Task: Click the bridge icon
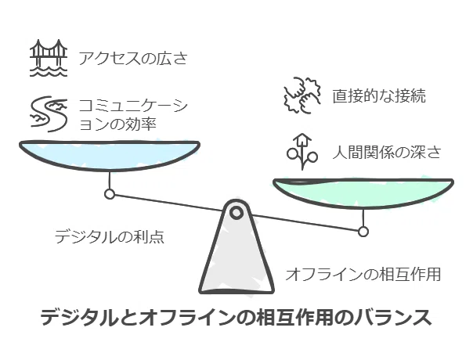pos(49,58)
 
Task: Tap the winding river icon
pos(49,114)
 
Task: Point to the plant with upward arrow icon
pos(302,151)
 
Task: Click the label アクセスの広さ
pos(133,58)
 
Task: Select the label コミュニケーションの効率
pos(133,114)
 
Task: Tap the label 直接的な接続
pos(379,96)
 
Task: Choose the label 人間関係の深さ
pos(387,152)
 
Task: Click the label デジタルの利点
pos(110,236)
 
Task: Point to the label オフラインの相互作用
pos(363,275)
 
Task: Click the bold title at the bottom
pos(236,318)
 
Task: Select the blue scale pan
pos(110,156)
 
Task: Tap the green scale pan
pos(363,193)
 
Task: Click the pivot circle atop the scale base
pos(236,213)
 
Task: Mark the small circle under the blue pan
pos(110,194)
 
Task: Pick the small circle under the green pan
pos(363,232)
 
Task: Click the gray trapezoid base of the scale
pos(236,250)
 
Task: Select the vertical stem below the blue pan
pos(110,181)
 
